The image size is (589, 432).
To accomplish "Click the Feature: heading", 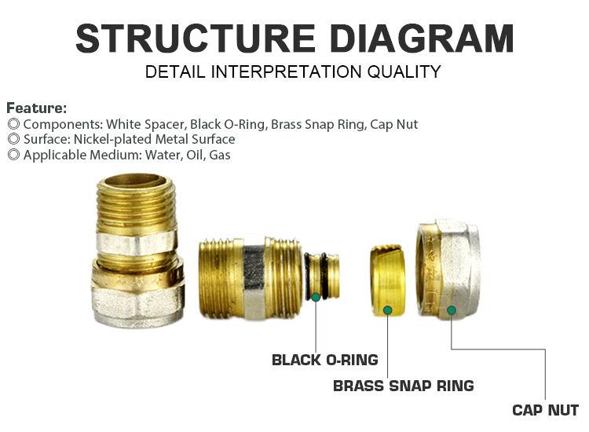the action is point(36,108).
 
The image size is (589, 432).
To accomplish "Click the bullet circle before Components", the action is point(13,124).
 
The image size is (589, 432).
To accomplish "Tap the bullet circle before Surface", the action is point(13,139).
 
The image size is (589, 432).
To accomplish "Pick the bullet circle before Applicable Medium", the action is point(13,155).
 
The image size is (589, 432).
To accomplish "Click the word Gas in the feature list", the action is point(220,155).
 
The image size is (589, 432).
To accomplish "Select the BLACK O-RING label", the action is point(325,360).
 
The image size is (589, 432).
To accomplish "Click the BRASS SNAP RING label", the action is point(404,386).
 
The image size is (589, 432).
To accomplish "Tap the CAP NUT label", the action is point(546,410).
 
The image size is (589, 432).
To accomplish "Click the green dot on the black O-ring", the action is point(316,297).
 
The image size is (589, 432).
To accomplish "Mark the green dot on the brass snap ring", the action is point(388,310).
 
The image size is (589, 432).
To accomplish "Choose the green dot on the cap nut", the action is point(452,310).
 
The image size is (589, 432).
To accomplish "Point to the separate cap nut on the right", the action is point(448,269).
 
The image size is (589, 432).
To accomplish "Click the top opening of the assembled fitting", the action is point(134,181).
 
